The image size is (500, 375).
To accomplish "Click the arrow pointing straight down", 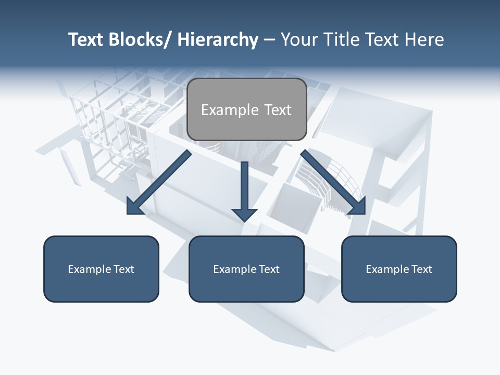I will [245, 193].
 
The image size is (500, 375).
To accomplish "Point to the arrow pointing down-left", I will [159, 182].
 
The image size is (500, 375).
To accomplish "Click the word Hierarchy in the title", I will [218, 40].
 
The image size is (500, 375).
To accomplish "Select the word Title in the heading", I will [339, 40].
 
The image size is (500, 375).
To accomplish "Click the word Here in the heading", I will [424, 40].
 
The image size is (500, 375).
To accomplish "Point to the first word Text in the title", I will [86, 40].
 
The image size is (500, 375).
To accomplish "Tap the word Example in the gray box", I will [230, 110].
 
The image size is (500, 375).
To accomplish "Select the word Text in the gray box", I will [277, 110].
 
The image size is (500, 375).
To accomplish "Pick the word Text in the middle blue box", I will [269, 269].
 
